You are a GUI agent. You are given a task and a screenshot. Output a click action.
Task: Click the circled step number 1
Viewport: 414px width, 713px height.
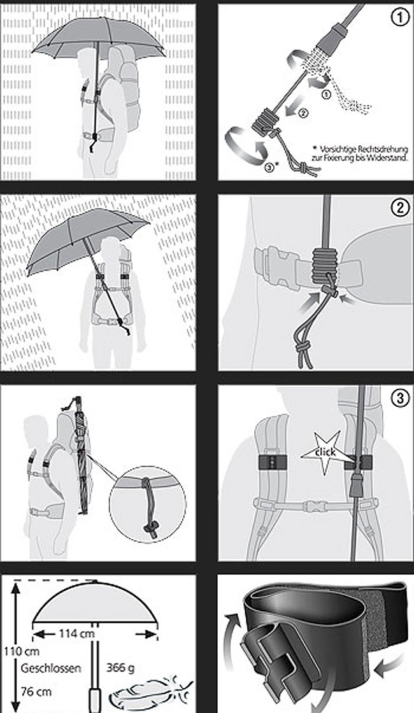point(399,18)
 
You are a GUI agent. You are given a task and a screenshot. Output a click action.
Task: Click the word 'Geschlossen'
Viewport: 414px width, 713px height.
point(50,669)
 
